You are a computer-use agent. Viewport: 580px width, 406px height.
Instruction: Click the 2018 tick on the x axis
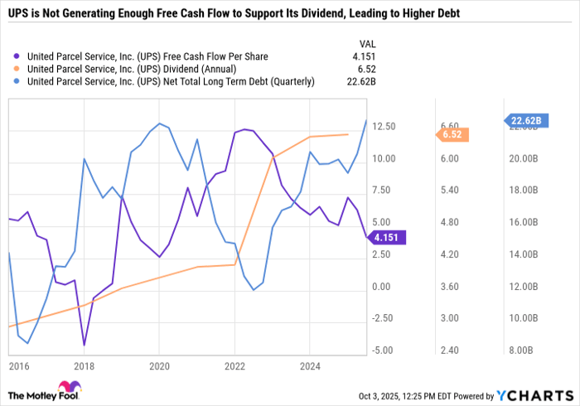point(83,365)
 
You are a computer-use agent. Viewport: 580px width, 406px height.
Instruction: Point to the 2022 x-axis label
point(234,365)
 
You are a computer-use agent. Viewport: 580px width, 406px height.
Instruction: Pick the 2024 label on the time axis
point(311,365)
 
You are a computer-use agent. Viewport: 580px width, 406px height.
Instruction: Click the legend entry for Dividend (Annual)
point(132,69)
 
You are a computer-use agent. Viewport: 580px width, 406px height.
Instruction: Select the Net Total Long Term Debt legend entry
point(171,81)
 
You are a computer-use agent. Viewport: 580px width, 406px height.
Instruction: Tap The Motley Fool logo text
point(32,394)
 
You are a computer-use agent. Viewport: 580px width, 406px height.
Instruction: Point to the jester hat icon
point(69,389)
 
